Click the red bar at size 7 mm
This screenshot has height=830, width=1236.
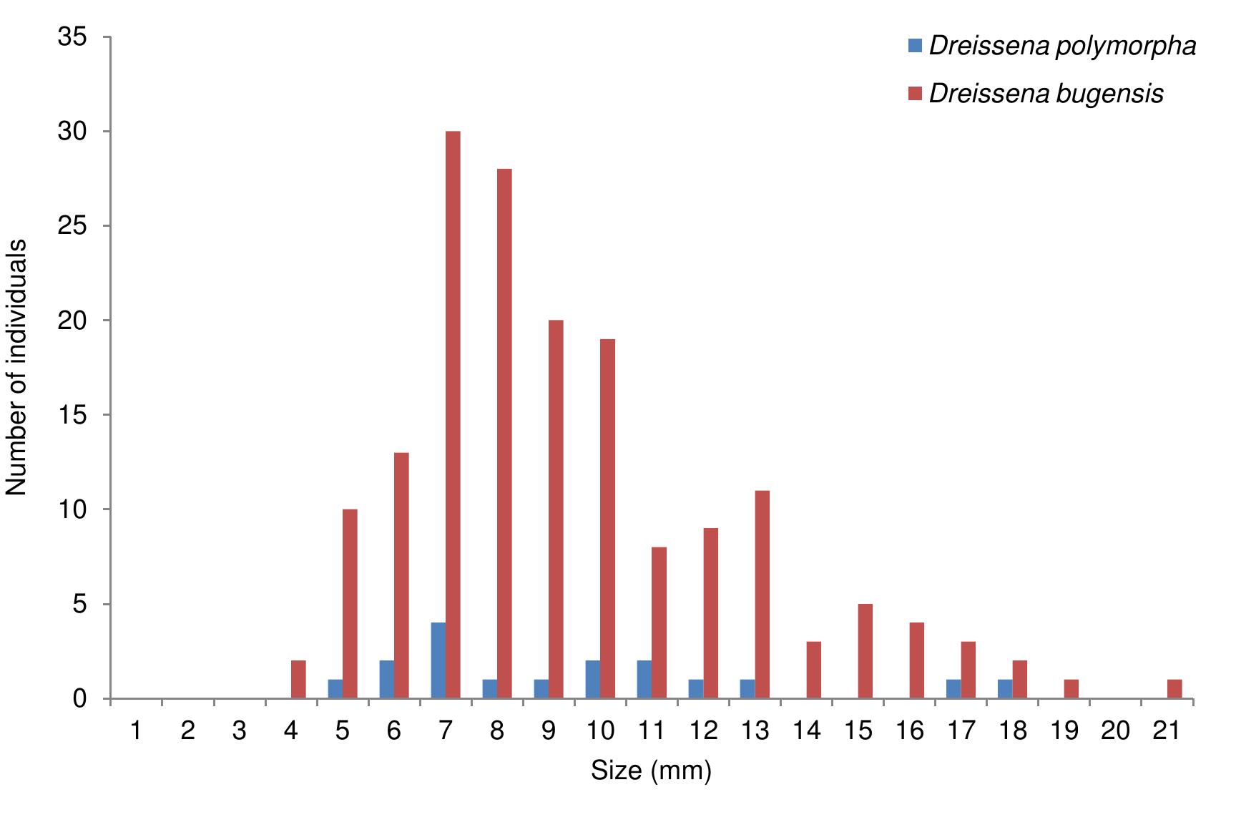pos(453,415)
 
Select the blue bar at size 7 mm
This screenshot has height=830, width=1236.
pos(438,660)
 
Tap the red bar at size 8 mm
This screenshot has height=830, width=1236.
pos(504,434)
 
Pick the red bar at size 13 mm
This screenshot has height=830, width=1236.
pos(762,595)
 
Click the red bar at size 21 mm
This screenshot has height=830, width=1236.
pos(1174,689)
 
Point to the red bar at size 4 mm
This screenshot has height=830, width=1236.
pos(298,680)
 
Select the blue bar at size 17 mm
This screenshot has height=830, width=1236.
pos(953,689)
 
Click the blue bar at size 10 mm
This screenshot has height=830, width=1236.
pos(593,680)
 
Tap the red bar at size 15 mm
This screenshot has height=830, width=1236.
pos(865,651)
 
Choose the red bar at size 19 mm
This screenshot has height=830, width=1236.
pos(1071,689)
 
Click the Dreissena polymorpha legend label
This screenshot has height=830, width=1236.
pos(1062,47)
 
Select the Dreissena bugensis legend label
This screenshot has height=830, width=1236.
pos(1046,94)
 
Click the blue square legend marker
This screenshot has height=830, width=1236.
pos(915,47)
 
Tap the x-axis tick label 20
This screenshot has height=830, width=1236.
pos(1115,731)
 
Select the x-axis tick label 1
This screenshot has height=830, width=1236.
pos(136,731)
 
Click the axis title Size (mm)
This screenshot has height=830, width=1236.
pos(651,771)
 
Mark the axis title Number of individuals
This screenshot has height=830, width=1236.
pos(17,368)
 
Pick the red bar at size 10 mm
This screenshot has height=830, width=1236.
pos(607,519)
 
